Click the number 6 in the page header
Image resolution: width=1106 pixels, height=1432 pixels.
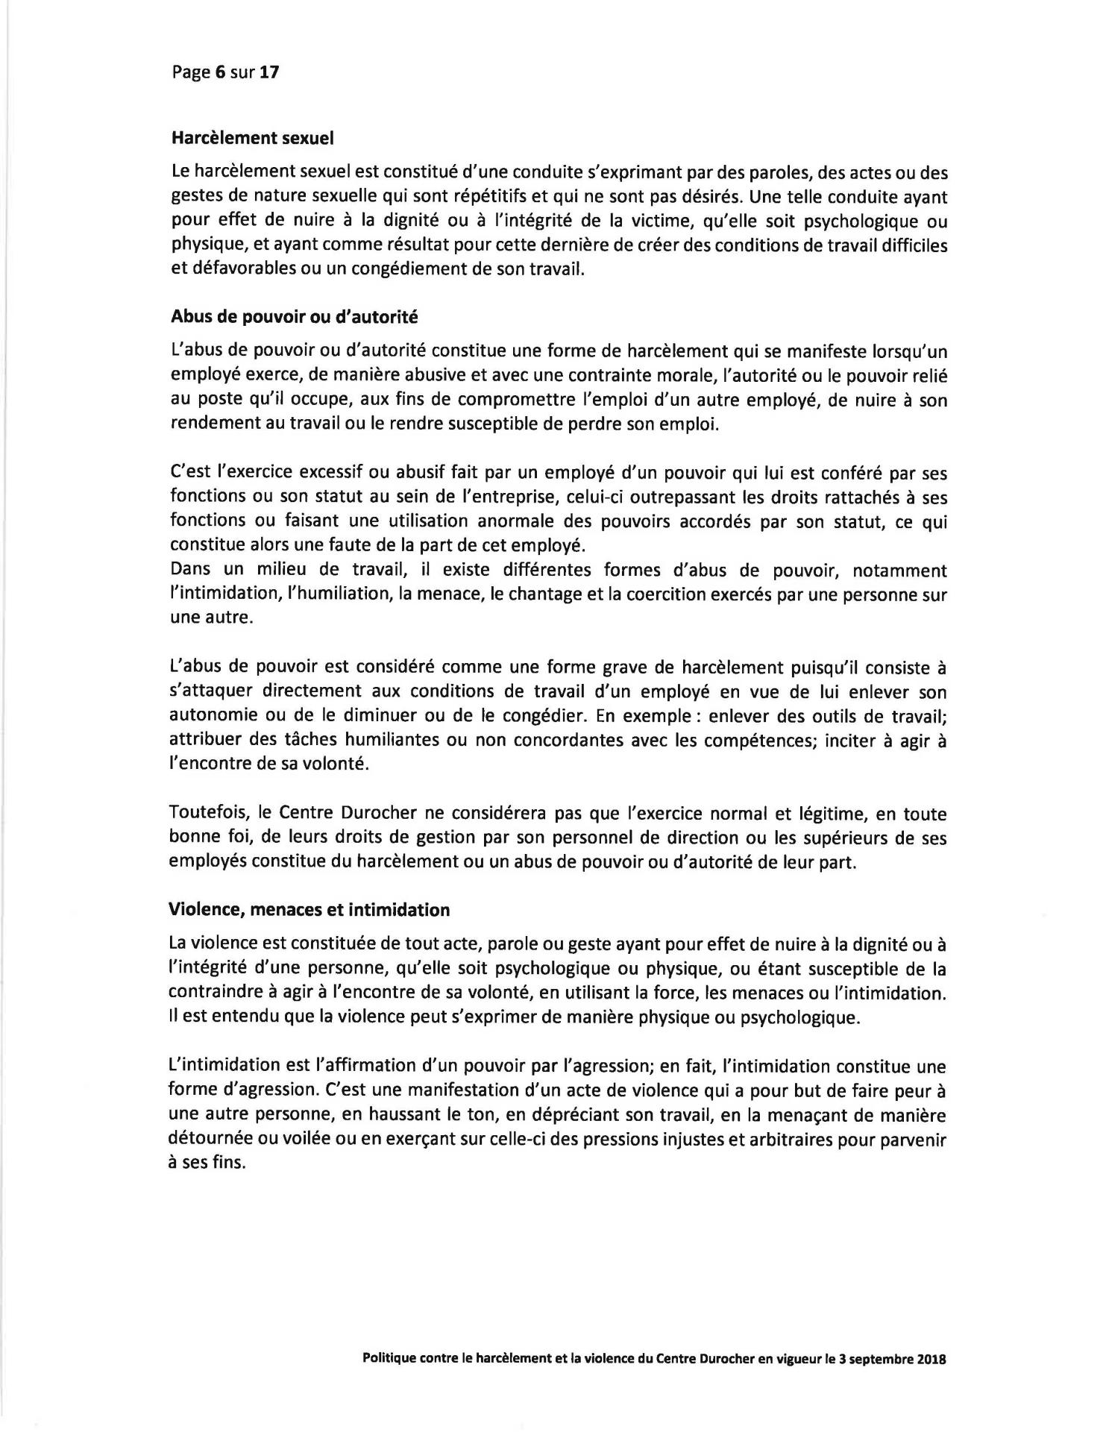click(220, 72)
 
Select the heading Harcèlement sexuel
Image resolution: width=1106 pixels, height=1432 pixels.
click(252, 138)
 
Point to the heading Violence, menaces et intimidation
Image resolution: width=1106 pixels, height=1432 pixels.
click(310, 910)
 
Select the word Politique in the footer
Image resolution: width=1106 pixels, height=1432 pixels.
click(389, 1358)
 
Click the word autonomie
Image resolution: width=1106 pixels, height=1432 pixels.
click(215, 716)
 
